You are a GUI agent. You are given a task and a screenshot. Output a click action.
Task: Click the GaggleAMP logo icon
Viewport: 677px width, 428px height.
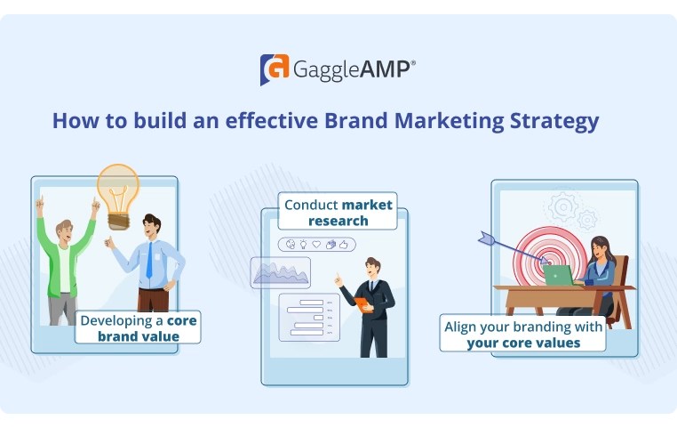274,69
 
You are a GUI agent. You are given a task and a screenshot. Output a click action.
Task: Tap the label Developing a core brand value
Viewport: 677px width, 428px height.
139,327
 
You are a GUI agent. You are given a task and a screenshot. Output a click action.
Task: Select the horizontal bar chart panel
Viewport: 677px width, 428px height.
308,318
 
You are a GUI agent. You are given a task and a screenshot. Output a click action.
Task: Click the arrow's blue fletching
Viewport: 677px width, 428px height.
487,238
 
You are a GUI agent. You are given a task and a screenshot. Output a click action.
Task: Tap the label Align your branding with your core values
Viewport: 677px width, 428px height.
523,335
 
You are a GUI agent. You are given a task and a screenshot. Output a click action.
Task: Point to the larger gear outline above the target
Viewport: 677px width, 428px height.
563,208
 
